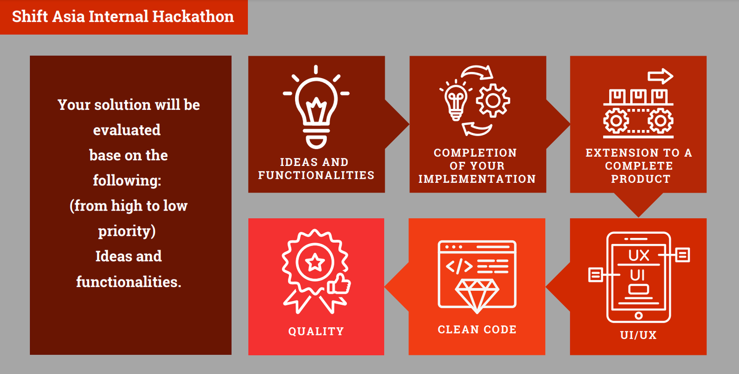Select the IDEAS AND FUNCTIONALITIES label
coord(316,169)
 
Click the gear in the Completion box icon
coord(493,101)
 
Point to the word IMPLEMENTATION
coord(477,179)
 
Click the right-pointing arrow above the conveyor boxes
coord(660,77)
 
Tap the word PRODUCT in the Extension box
coord(640,179)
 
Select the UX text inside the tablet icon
coord(639,255)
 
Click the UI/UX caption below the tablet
coord(638,335)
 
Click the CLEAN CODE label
coord(477,329)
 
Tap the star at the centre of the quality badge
coord(315,263)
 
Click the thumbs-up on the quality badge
coord(339,284)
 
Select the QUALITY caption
coord(316,331)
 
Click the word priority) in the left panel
coord(127,231)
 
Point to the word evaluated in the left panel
coord(127,130)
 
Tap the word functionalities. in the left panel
coord(129,282)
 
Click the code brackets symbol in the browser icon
coord(459,267)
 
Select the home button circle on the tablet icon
coord(639,315)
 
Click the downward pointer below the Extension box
coord(639,205)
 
